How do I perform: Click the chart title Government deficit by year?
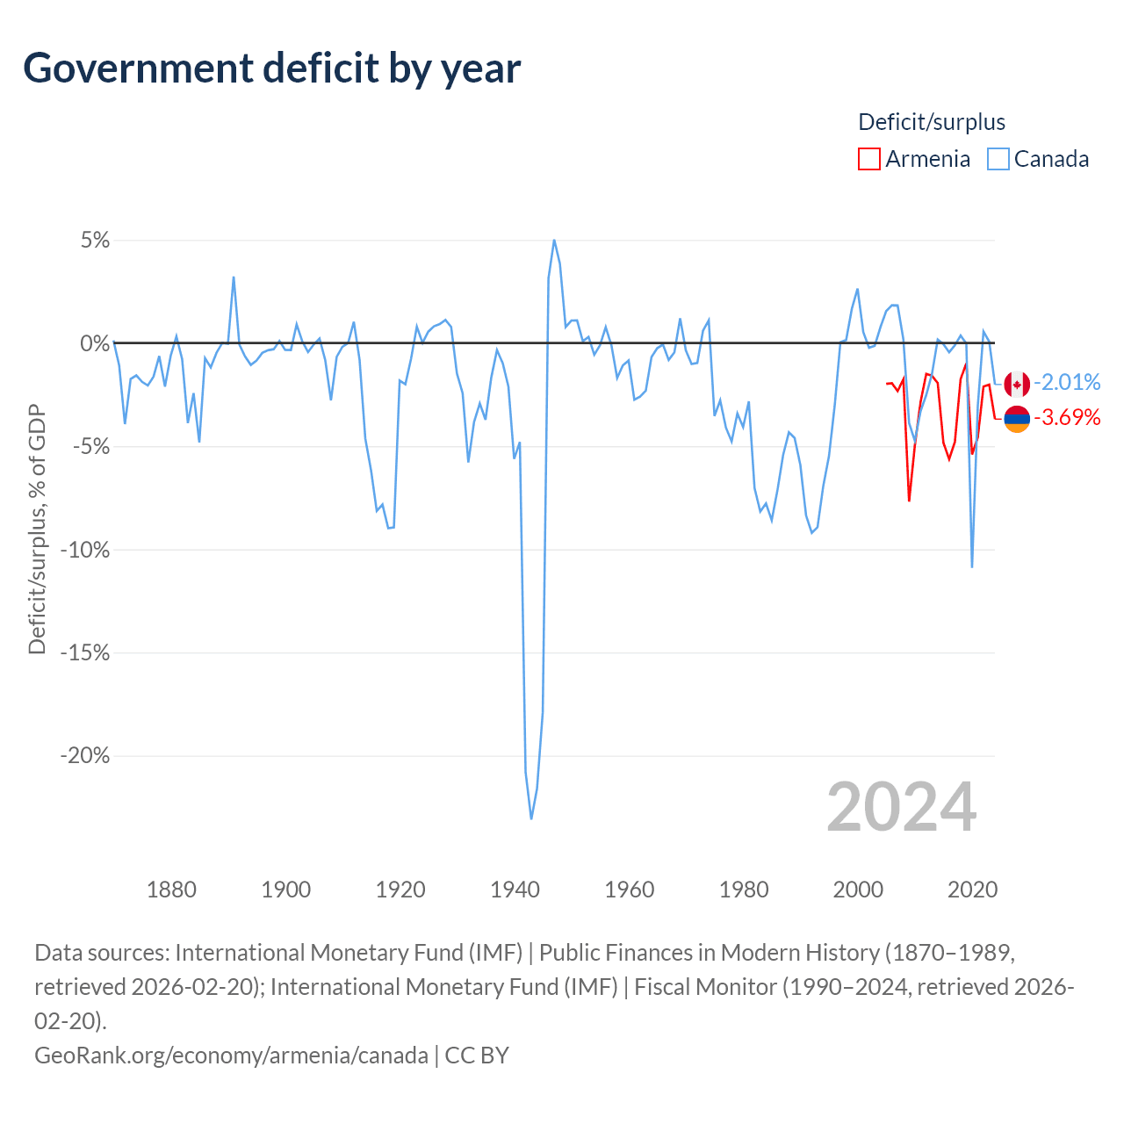coord(272,68)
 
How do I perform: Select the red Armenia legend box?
coord(868,159)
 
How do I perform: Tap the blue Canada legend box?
coord(998,159)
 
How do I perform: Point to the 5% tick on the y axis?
coord(95,241)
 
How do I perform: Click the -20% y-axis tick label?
coord(84,756)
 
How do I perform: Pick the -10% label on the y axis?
coord(84,551)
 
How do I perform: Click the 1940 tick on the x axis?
coord(515,890)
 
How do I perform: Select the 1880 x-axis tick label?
coord(171,890)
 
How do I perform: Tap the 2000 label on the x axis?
coord(858,890)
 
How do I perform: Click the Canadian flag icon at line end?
coord(1017,384)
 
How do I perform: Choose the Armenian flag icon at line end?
coord(1017,419)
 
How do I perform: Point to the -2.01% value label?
coord(1067,382)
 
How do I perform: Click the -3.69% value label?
coord(1067,417)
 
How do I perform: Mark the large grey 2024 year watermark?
coord(902,807)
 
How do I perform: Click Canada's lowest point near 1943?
coord(531,818)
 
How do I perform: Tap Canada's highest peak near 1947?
coord(554,240)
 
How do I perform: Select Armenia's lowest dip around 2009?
coord(909,501)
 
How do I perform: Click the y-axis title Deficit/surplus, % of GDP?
coord(37,530)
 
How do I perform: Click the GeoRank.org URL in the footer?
coord(231,1055)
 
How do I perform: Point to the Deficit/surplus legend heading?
coord(932,122)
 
